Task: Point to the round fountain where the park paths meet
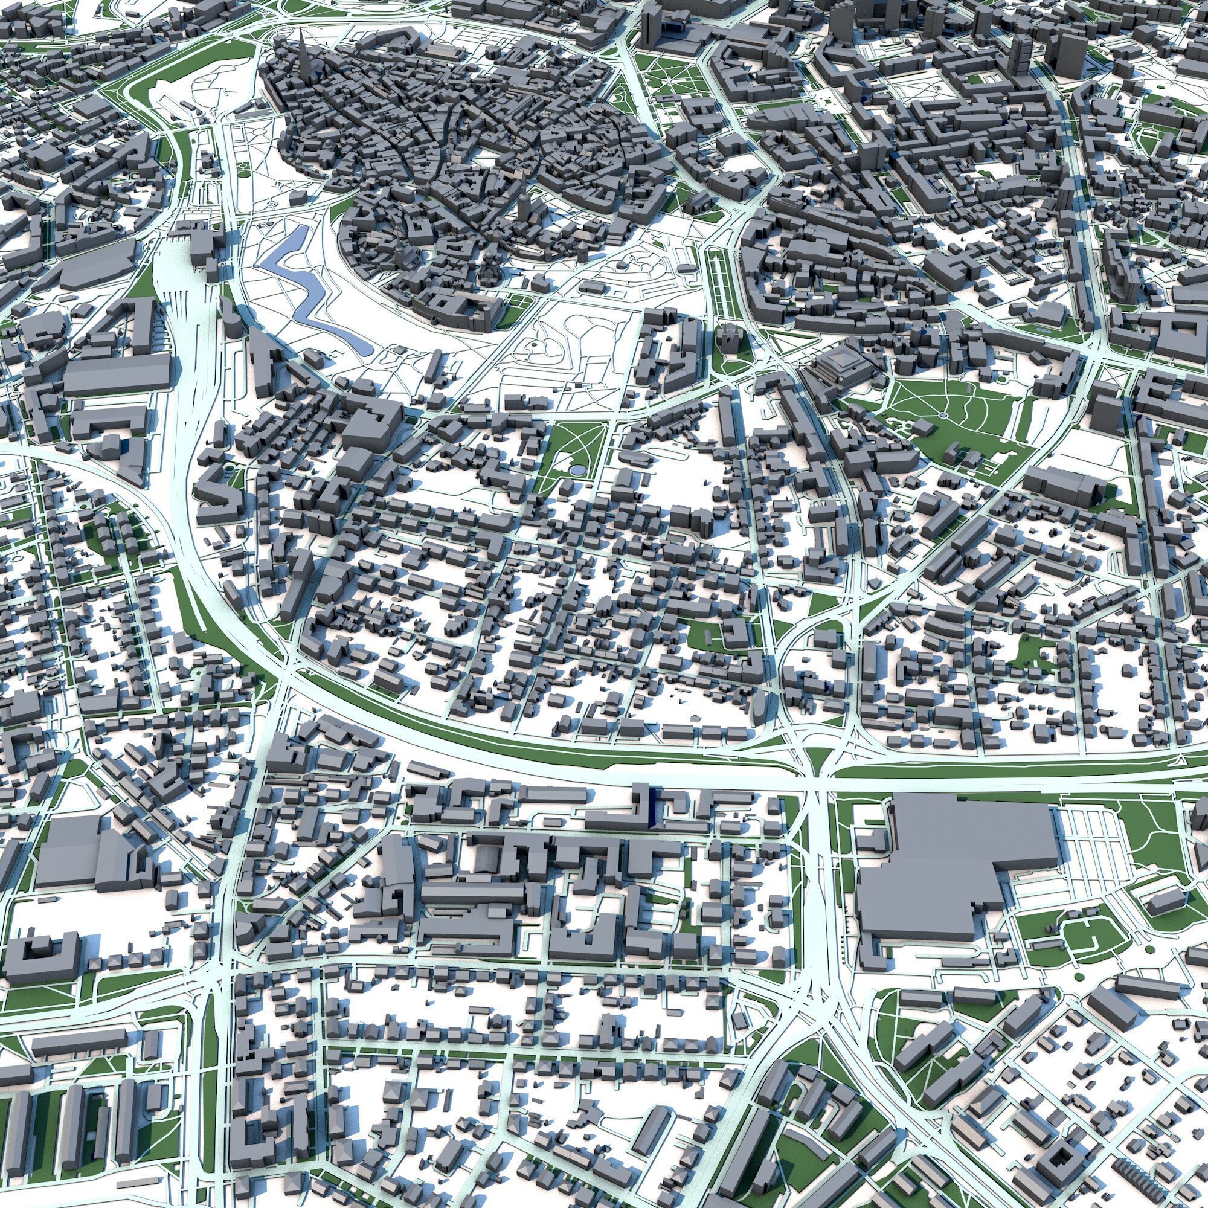(943, 414)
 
